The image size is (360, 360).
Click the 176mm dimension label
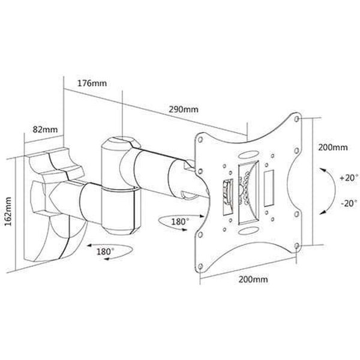pos(92,83)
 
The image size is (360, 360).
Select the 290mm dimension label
pos(184,109)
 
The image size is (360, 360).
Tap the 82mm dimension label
pos(45,130)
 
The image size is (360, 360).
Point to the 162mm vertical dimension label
pos(8,211)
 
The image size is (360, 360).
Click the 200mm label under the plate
pos(253,280)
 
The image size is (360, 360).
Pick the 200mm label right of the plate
pos(332,147)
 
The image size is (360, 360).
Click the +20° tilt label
pos(349,178)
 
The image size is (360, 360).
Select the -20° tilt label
pos(349,203)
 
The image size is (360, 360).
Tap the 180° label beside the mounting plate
pos(180,222)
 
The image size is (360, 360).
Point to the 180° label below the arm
pos(105,251)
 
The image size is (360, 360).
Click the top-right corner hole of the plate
pos(296,119)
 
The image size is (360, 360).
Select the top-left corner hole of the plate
pos(200,140)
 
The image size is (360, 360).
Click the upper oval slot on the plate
pos(248,155)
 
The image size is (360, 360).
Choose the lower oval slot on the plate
pos(248,231)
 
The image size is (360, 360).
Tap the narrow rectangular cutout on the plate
pos(269,188)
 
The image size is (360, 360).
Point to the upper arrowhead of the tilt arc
pos(323,170)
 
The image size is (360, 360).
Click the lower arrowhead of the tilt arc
pos(323,212)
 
